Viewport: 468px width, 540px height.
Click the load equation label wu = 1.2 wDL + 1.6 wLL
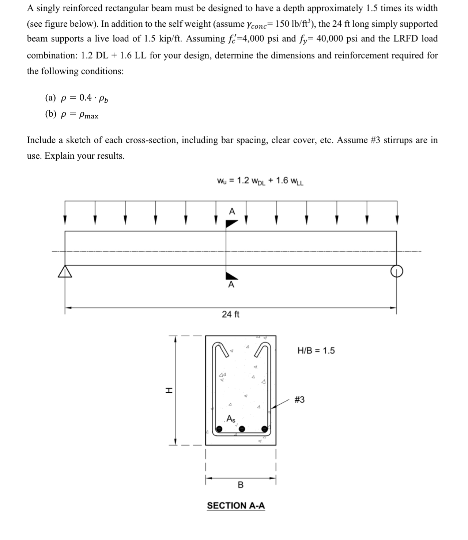[260, 181]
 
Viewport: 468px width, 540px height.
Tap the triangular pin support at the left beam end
[65, 271]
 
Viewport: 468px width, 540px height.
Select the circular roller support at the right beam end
[397, 271]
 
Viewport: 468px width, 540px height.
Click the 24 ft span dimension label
[231, 314]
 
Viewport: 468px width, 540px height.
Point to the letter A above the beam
[231, 211]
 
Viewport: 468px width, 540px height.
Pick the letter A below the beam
[231, 285]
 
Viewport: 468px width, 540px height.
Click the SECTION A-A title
[236, 506]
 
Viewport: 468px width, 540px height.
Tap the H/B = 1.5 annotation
[316, 351]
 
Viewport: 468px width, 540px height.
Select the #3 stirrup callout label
[299, 400]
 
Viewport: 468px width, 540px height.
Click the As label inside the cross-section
[231, 419]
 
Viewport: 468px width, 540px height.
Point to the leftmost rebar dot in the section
[219, 429]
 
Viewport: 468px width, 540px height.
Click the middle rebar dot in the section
[242, 429]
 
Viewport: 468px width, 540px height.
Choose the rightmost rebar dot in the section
[264, 429]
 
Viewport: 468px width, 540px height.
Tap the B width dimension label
[241, 485]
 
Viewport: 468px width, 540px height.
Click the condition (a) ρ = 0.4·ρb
[76, 98]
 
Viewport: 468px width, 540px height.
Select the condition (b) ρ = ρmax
[72, 114]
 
